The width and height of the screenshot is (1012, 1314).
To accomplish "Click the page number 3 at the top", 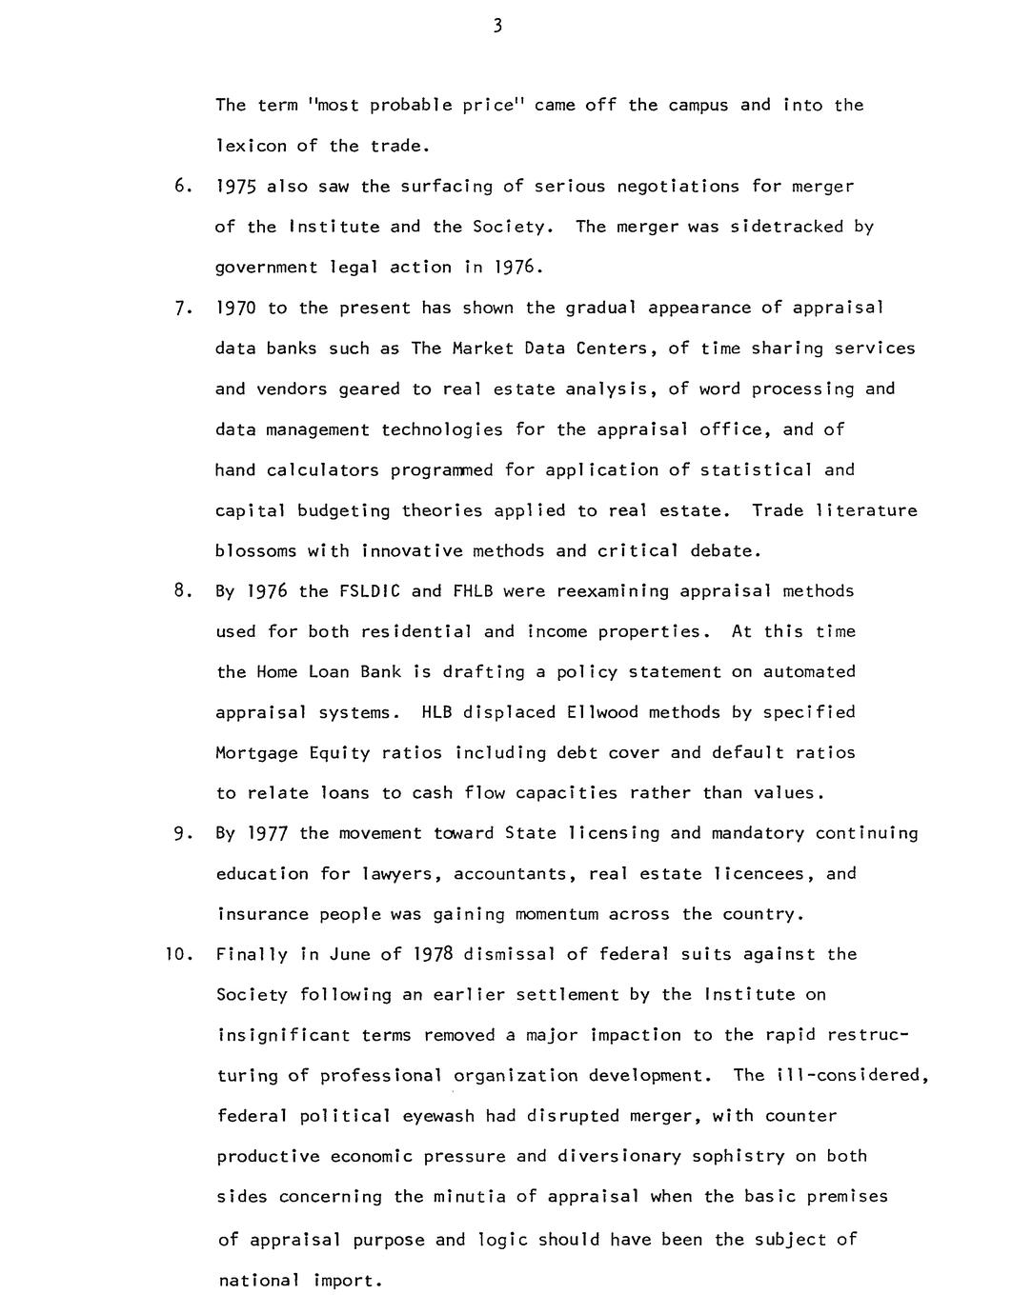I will click(497, 27).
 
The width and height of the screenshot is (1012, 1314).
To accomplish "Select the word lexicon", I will click(251, 146).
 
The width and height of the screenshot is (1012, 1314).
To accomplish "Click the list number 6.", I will click(184, 187).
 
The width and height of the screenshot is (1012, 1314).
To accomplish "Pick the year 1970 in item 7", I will click(236, 308).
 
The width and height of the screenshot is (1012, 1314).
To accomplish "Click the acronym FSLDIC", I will click(370, 591).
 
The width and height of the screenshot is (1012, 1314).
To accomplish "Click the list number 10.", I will click(178, 954).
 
